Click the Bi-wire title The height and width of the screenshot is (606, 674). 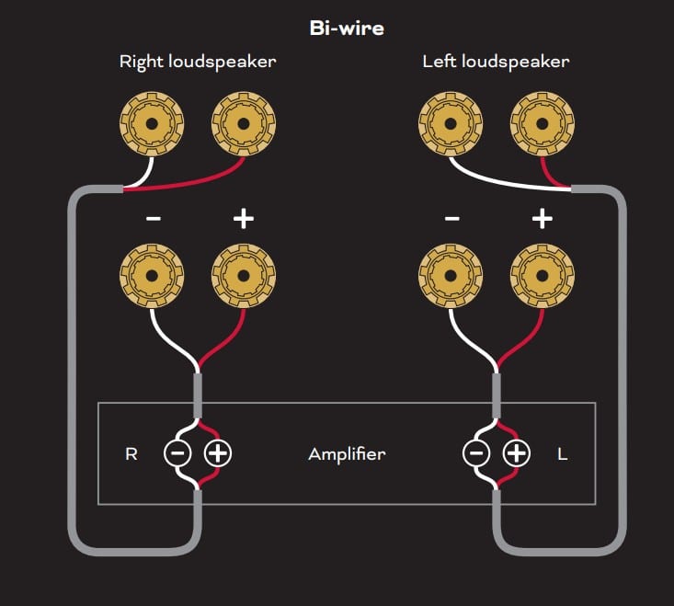click(346, 28)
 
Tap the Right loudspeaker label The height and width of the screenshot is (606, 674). click(198, 63)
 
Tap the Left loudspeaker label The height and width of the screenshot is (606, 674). click(496, 63)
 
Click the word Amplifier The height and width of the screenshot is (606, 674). click(347, 453)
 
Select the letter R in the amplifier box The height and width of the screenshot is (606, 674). click(131, 453)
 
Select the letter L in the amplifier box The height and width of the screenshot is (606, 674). click(563, 453)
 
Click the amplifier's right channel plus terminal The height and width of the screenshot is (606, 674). click(217, 453)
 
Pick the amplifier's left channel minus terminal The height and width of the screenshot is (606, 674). click(475, 453)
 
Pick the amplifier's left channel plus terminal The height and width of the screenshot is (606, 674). click(517, 453)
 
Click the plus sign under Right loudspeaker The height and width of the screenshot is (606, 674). click(244, 219)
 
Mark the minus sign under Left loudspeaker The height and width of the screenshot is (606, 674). click(451, 219)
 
